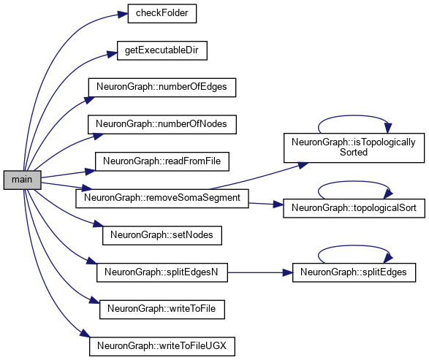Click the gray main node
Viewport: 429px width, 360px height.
pyautogui.click(x=22, y=180)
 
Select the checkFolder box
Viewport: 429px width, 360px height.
pyautogui.click(x=162, y=13)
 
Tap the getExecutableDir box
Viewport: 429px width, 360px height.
pyautogui.click(x=162, y=50)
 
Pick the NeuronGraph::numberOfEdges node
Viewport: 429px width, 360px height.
pyautogui.click(x=162, y=88)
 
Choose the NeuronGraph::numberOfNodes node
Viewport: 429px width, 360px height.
pyautogui.click(x=162, y=124)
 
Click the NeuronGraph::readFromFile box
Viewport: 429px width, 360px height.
pyautogui.click(x=162, y=161)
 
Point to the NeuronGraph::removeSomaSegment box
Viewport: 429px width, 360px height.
pyautogui.click(x=162, y=198)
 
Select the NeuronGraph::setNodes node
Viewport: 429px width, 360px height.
pyautogui.click(x=162, y=235)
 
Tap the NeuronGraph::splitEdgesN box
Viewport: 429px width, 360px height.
pyautogui.click(x=162, y=272)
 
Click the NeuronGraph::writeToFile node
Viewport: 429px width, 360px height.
pyautogui.click(x=162, y=310)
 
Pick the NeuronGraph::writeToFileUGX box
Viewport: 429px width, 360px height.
pyautogui.click(x=162, y=346)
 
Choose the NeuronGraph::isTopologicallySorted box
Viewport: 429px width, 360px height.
pyautogui.click(x=354, y=148)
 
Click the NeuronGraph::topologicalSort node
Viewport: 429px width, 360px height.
pyautogui.click(x=354, y=208)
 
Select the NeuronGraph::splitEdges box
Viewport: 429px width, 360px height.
pyautogui.click(x=354, y=272)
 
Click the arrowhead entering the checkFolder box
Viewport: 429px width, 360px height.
pyautogui.click(x=123, y=14)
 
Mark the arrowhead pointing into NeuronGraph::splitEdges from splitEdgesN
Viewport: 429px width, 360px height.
pyautogui.click(x=287, y=272)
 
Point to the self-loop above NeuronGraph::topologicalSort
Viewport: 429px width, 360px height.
pyautogui.click(x=354, y=181)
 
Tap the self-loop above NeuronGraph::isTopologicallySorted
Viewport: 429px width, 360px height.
pyautogui.click(x=354, y=115)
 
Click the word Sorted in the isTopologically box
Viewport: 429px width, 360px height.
pyautogui.click(x=354, y=153)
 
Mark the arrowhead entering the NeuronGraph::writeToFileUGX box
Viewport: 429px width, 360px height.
pyautogui.click(x=85, y=334)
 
